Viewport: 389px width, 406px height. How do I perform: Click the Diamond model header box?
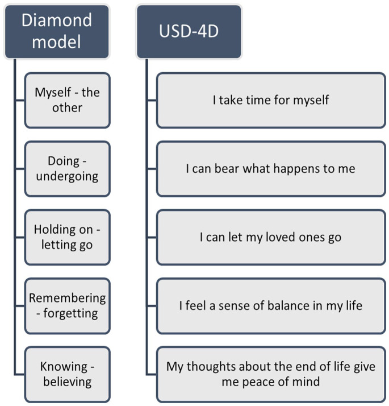[56, 31]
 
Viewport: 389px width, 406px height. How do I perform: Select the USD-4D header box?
[189, 32]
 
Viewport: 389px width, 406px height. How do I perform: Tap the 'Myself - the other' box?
[67, 100]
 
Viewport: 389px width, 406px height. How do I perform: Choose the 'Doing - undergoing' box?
[67, 169]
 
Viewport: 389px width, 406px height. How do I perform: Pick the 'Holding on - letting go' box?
[67, 237]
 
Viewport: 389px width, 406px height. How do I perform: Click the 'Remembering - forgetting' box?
[67, 305]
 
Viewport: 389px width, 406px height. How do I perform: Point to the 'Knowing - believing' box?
[67, 374]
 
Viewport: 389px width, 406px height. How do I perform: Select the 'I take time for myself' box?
[271, 100]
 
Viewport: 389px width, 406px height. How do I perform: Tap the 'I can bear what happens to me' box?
[271, 169]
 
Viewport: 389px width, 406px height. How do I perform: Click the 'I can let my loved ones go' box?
[271, 237]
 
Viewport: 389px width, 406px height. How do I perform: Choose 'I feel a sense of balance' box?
[271, 305]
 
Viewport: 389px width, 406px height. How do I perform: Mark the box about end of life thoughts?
[271, 374]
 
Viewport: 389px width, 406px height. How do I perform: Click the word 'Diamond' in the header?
[56, 20]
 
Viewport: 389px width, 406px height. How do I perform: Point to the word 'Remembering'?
[67, 298]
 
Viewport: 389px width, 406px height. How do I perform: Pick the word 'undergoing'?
[67, 177]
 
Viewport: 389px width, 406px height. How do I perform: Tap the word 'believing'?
[67, 382]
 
